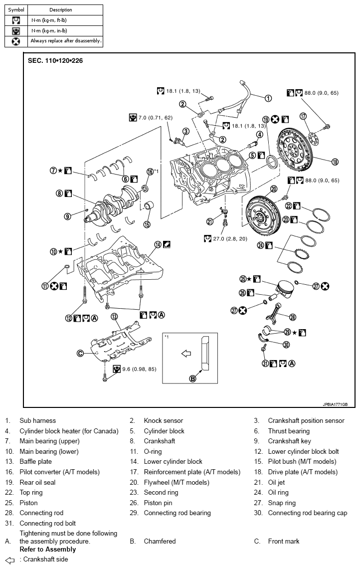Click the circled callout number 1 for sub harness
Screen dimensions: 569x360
(x=268, y=98)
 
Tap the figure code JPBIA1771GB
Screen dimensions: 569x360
(x=335, y=404)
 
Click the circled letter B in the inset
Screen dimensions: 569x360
(x=193, y=379)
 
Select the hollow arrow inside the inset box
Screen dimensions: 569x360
(x=186, y=354)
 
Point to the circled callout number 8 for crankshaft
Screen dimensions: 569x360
(x=59, y=193)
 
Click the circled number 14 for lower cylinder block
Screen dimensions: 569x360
(x=158, y=244)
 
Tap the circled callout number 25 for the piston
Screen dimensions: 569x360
(x=244, y=279)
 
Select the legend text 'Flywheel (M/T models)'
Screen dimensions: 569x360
(x=176, y=482)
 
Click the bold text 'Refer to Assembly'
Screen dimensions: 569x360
(x=48, y=549)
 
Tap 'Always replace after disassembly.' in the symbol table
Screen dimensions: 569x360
(x=66, y=41)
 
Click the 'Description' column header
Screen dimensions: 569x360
(x=60, y=9)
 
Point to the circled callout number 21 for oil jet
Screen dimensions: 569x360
(x=211, y=222)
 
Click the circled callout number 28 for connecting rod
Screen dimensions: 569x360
(x=293, y=317)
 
